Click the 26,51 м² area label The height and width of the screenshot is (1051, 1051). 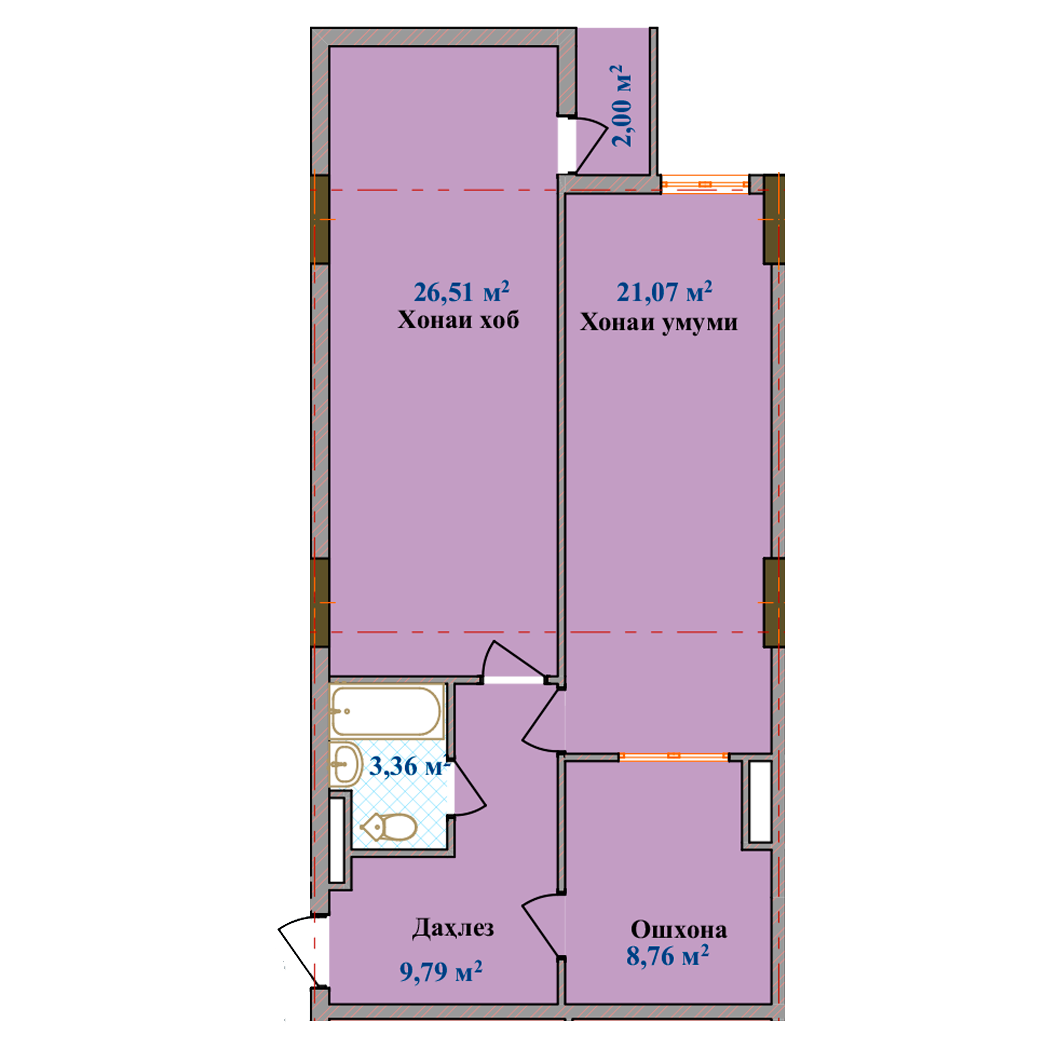tap(461, 292)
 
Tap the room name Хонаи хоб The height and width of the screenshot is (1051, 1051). tap(458, 320)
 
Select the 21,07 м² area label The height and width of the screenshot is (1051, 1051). tap(664, 292)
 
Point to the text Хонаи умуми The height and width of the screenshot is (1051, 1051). tap(658, 322)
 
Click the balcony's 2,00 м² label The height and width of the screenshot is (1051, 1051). tap(622, 106)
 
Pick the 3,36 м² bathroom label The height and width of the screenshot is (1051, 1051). tap(409, 766)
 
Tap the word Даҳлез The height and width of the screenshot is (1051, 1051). tap(452, 928)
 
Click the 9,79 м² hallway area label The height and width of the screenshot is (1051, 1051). tap(441, 971)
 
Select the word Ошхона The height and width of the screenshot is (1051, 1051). tap(678, 930)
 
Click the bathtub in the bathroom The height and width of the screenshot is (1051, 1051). tap(386, 712)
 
